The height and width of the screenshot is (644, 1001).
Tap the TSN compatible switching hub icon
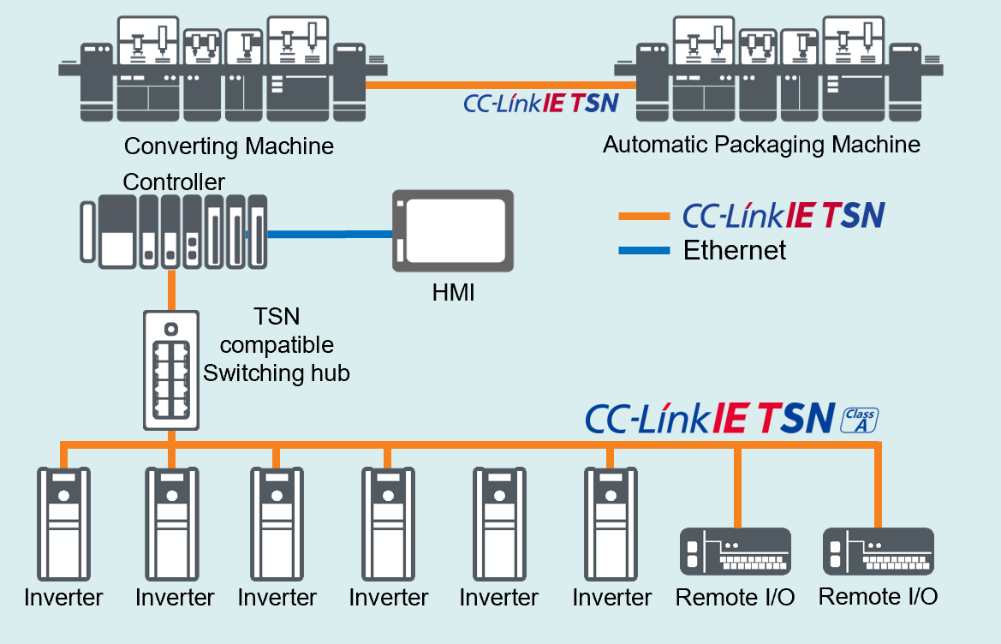tap(171, 370)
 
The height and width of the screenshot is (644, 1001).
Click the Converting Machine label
tap(229, 146)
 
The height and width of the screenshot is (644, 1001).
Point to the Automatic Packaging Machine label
tap(761, 144)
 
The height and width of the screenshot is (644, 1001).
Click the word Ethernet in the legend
tap(734, 250)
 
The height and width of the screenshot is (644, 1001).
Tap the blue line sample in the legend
tap(644, 251)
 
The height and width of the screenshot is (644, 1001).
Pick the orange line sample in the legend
tap(644, 217)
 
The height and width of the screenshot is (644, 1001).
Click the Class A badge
tap(860, 420)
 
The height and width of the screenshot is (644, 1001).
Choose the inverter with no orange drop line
tap(498, 522)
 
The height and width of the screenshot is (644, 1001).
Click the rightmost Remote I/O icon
tap(878, 552)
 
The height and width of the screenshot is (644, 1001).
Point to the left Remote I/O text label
tap(735, 597)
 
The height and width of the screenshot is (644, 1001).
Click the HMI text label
tap(453, 294)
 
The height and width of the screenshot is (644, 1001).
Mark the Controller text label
tap(174, 182)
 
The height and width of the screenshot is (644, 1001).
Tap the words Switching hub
tap(276, 373)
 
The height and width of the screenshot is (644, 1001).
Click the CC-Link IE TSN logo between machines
tap(540, 104)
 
